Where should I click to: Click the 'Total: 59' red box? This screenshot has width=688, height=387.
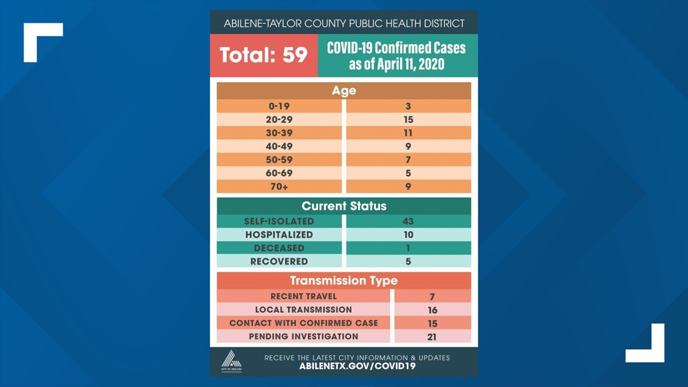(x=263, y=56)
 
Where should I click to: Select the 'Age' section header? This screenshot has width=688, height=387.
(x=343, y=91)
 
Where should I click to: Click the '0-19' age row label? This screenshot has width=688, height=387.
(x=279, y=106)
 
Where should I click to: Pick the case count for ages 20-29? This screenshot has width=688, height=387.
(x=408, y=120)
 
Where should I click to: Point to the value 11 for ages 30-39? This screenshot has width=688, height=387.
(x=408, y=133)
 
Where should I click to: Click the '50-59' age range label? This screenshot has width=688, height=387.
(x=279, y=159)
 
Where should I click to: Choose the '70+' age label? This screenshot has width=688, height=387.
(x=279, y=187)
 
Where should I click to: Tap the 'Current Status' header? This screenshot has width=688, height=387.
(x=343, y=206)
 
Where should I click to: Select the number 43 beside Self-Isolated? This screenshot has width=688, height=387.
(x=408, y=222)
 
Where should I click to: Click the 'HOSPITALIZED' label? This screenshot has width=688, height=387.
(x=279, y=235)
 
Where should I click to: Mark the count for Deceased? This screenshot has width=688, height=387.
(x=408, y=248)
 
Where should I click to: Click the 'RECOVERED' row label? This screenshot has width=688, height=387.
(x=279, y=261)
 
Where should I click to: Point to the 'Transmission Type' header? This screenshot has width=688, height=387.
(x=343, y=281)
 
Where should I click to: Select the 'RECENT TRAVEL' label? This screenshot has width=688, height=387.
(x=304, y=296)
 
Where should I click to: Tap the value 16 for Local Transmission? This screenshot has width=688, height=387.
(x=432, y=310)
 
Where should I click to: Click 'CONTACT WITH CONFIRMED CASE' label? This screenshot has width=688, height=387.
(x=304, y=323)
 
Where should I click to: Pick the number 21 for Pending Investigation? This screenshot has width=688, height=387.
(x=432, y=337)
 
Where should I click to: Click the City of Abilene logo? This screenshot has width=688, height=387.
(x=231, y=362)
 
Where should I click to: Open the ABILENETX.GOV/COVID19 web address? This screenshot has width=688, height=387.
(x=357, y=366)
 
